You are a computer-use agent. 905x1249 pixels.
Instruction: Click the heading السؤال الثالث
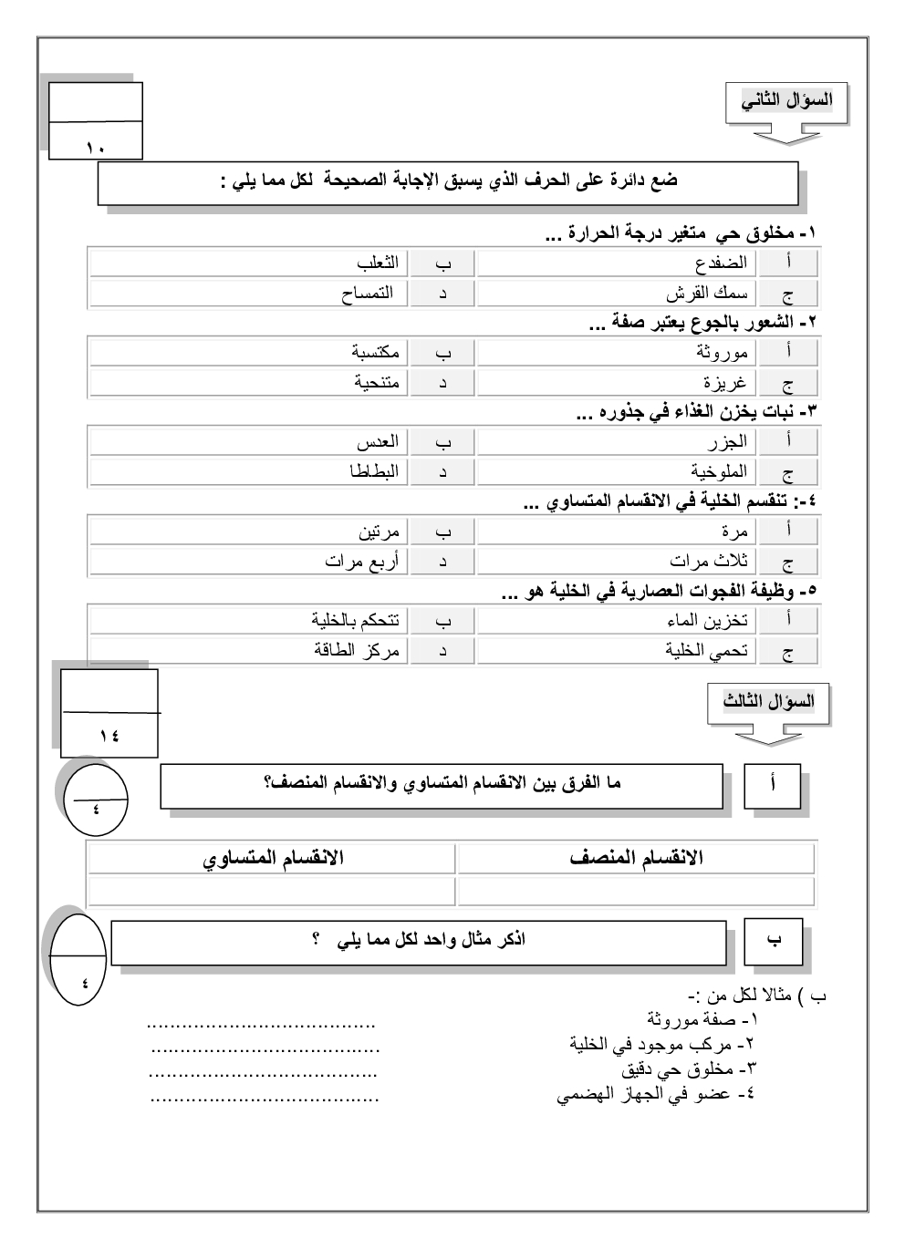[769, 702]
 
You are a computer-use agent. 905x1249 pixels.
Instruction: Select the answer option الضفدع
[721, 263]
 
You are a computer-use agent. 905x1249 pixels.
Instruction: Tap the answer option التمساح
[367, 294]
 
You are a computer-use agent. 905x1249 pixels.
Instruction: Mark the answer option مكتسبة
[375, 352]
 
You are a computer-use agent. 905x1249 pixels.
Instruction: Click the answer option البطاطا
[375, 472]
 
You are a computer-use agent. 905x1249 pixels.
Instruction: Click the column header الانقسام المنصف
[636, 859]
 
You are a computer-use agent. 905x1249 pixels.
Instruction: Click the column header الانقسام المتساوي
[273, 859]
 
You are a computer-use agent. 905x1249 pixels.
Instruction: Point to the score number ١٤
[109, 736]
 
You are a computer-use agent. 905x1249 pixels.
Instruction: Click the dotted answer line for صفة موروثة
[262, 1024]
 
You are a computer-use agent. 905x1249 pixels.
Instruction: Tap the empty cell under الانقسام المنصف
[636, 891]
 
